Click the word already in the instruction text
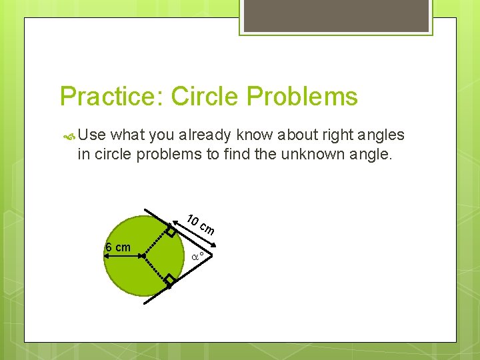(x=217, y=135)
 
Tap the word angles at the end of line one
(x=381, y=135)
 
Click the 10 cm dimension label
(x=200, y=225)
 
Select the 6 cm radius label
(x=118, y=248)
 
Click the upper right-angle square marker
(x=171, y=232)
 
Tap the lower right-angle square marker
(x=171, y=279)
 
